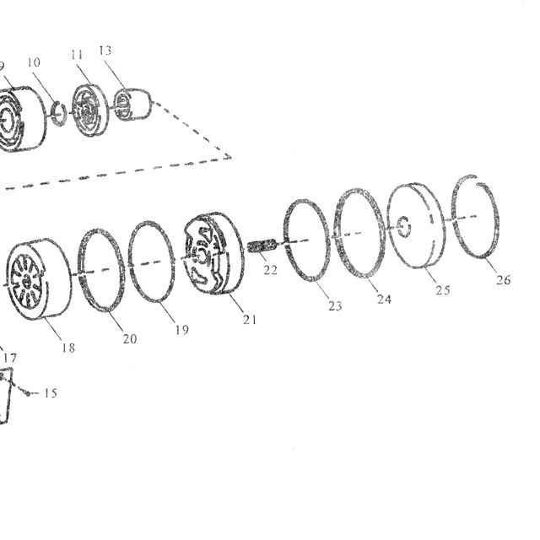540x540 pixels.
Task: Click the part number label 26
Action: [503, 279]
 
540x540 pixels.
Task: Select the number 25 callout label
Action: [442, 290]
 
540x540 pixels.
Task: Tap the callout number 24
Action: [384, 299]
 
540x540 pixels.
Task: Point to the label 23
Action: [335, 305]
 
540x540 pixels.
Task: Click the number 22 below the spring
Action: [270, 270]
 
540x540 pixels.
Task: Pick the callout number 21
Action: [250, 320]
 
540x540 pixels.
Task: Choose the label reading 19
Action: [182, 330]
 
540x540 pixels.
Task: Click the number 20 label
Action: [130, 339]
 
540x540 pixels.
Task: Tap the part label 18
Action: [68, 348]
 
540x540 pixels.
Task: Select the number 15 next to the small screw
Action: [51, 393]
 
